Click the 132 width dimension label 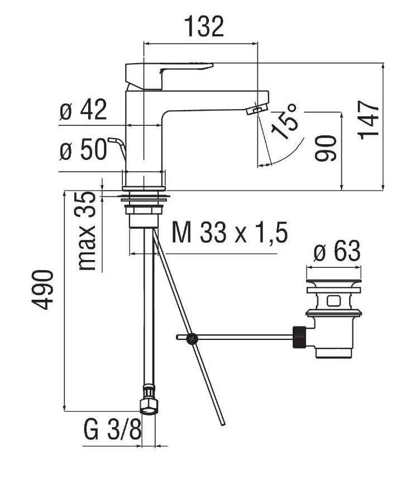point(204,26)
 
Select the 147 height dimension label point(369,120)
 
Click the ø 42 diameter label point(83,110)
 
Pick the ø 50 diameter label point(83,149)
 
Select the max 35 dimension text point(88,230)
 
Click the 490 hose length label point(42,290)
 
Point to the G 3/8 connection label point(111,432)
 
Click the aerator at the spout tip point(257,109)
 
